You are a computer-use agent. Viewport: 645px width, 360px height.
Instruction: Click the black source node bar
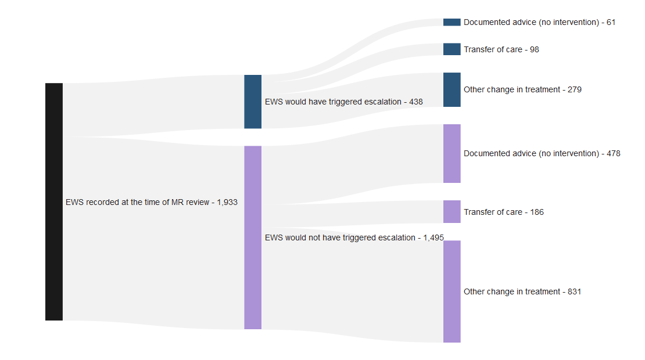point(54,201)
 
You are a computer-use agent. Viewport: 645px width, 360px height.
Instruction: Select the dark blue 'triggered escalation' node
point(253,102)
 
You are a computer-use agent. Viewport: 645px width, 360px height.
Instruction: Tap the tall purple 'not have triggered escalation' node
point(253,237)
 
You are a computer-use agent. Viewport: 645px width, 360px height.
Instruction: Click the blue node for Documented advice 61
point(451,22)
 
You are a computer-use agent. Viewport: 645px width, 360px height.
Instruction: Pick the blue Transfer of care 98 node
point(451,49)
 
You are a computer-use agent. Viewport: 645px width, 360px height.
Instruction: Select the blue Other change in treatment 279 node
point(451,90)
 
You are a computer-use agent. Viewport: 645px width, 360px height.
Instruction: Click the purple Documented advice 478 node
point(451,153)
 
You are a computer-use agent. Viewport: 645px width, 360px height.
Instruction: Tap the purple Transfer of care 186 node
point(451,212)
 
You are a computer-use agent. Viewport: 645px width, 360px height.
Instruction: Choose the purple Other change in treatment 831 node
point(451,291)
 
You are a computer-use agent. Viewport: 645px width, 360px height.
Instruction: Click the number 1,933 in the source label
point(227,203)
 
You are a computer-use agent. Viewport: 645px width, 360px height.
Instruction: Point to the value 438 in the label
point(415,102)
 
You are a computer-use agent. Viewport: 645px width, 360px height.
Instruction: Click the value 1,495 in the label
point(433,238)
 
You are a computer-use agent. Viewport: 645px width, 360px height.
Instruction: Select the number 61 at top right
point(611,23)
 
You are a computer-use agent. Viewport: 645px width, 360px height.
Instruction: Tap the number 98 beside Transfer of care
point(534,50)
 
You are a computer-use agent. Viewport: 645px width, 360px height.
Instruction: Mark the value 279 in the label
point(574,90)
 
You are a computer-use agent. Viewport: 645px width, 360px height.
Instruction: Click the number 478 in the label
point(613,154)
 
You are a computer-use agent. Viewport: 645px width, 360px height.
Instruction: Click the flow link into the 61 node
point(372,32)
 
